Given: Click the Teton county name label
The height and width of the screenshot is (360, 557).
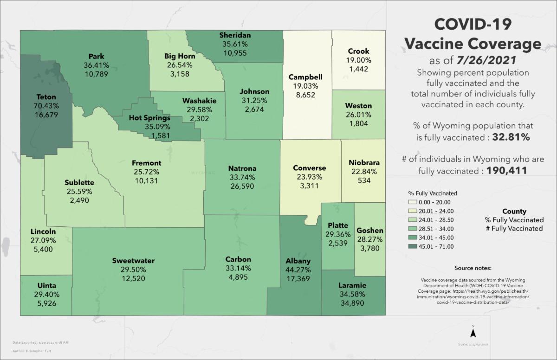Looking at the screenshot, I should point(46,97).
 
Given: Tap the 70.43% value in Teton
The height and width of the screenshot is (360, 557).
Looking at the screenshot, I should point(46,106).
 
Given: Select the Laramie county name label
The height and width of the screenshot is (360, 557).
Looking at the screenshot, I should point(352,285).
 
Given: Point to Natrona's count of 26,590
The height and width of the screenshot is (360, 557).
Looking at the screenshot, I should point(242,186).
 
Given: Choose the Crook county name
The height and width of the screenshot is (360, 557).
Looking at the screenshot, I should point(358,51).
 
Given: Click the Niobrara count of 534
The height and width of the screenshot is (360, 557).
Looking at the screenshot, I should point(364,180).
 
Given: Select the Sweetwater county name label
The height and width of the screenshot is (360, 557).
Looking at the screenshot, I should point(133,260).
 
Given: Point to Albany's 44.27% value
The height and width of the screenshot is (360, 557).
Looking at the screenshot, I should point(298,270).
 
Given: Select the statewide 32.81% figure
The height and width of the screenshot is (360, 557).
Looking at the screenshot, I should point(508,138).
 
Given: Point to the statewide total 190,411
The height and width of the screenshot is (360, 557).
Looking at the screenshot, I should point(506,171).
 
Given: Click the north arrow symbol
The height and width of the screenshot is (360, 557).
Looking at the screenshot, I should point(473,332).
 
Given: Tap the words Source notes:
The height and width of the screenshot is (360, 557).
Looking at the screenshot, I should point(473,268).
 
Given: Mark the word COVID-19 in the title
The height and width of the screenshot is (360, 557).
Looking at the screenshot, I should point(473,24).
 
